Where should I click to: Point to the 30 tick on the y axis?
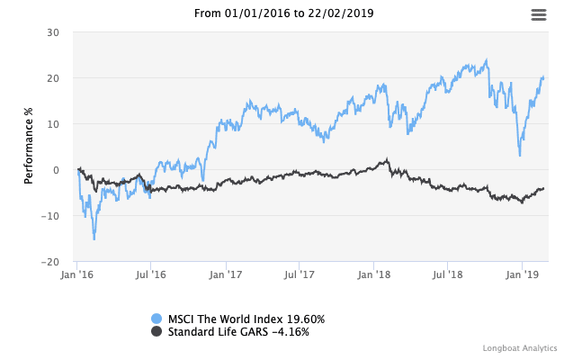tap(53, 32)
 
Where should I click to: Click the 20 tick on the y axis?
tap(53, 78)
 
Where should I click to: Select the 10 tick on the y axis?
tap(53, 124)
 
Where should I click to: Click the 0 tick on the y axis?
tap(56, 170)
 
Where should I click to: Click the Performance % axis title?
tap(29, 147)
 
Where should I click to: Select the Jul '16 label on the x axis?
tap(150, 274)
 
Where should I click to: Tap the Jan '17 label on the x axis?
tap(226, 274)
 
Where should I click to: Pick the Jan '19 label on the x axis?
tap(524, 274)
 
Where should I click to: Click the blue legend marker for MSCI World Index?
tap(157, 319)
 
